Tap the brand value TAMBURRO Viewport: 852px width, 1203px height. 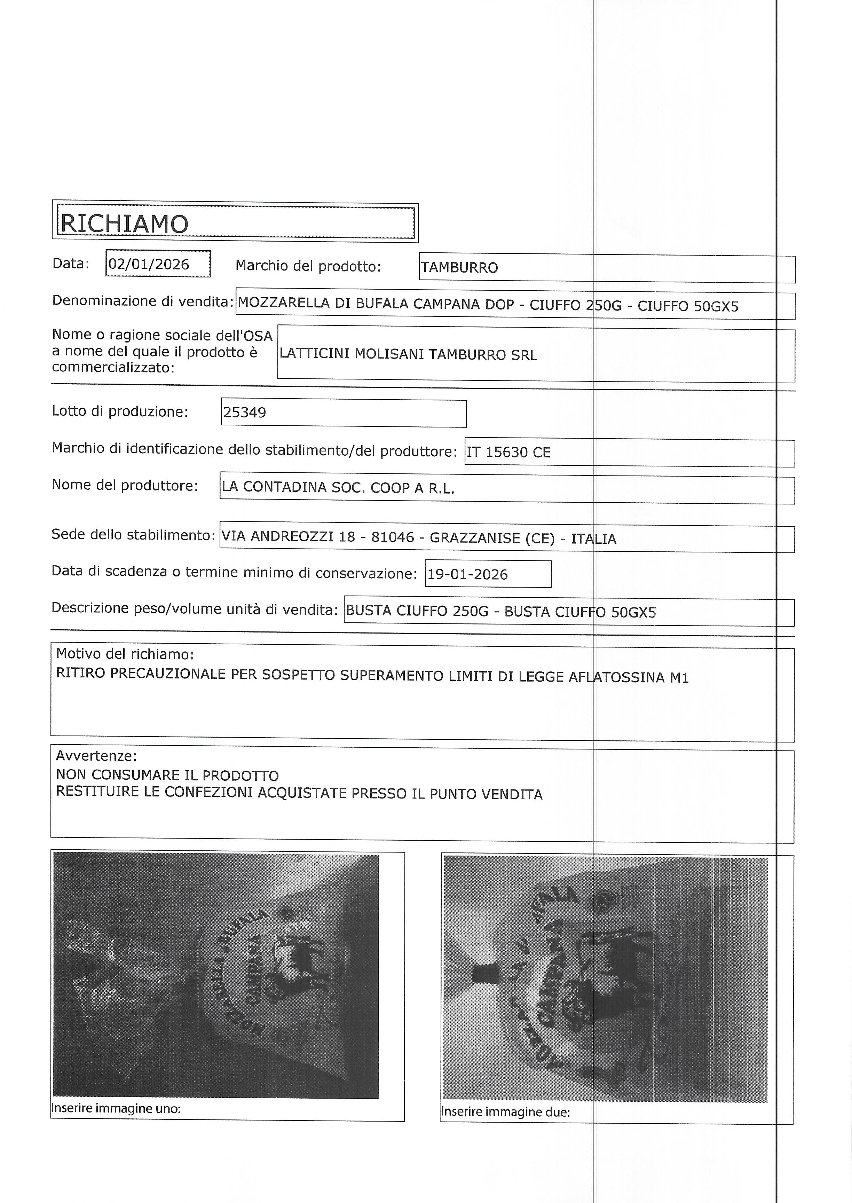(459, 268)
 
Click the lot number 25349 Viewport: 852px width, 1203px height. (244, 413)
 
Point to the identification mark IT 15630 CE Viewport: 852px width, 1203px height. (508, 452)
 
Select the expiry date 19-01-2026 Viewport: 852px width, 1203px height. (467, 574)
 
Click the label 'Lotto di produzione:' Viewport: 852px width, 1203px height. (120, 412)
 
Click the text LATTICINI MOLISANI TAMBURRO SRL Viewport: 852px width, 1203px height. (408, 355)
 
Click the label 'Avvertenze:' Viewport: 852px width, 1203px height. (96, 756)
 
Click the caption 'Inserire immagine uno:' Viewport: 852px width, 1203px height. (116, 1109)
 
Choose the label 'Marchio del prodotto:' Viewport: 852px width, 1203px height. (308, 267)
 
